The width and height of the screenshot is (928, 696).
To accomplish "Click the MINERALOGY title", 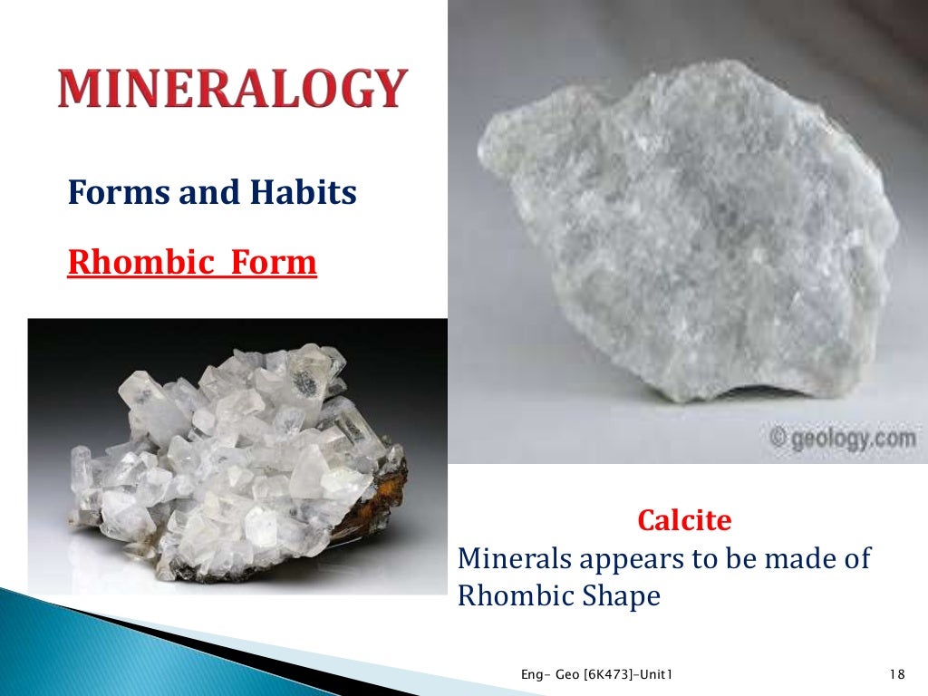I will coord(231,89).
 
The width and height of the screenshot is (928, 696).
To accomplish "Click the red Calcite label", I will coord(684,520).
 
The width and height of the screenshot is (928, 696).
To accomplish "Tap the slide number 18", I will coord(897,673).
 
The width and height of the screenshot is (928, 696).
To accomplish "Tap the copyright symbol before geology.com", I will coord(778,439).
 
